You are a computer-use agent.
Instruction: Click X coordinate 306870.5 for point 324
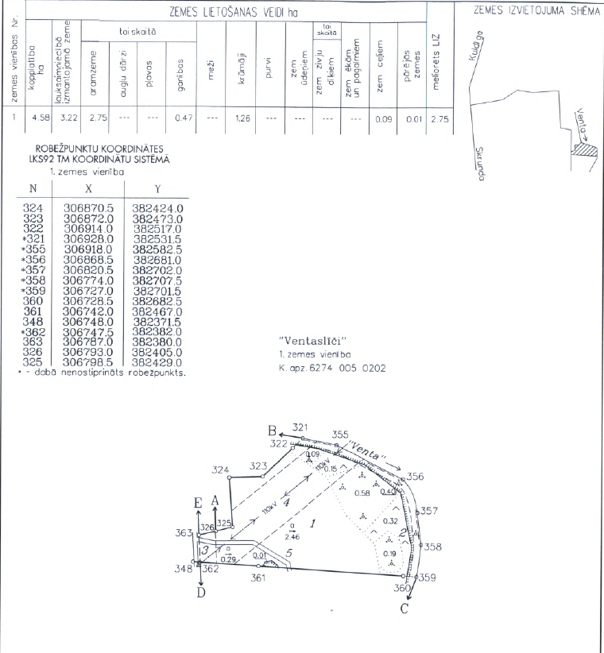88,208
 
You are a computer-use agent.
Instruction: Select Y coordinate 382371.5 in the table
157,323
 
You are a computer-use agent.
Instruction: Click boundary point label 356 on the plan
416,477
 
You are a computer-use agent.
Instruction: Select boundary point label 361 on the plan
258,578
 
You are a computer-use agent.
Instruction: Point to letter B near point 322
272,430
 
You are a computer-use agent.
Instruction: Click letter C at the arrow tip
405,609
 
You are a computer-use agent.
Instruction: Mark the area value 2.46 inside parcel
294,538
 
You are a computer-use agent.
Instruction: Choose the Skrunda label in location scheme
478,164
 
